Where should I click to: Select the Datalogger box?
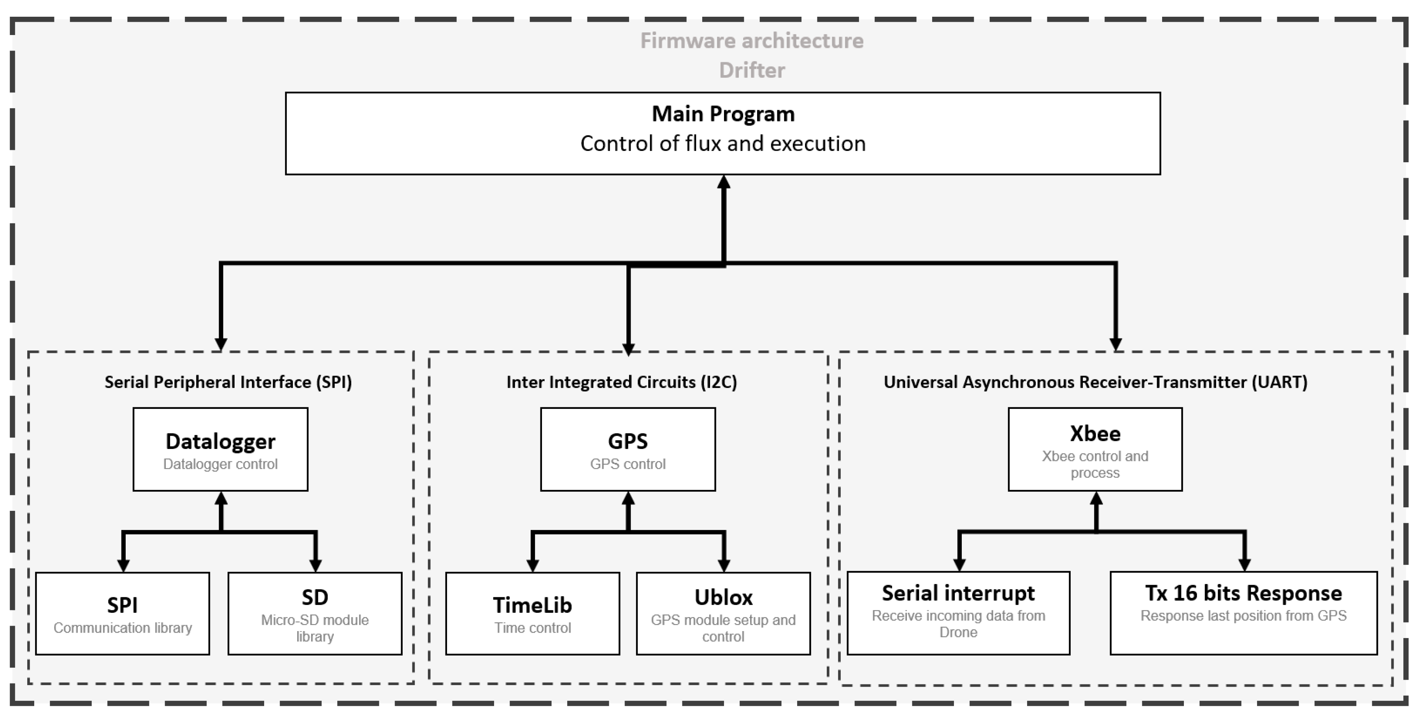(x=220, y=449)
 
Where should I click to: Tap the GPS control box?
(x=628, y=449)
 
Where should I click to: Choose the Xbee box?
(x=1095, y=449)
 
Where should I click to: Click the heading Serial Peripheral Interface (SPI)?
(x=228, y=382)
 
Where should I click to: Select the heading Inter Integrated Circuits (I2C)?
(x=622, y=382)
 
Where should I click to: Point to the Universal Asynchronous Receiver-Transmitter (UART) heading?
(x=1095, y=382)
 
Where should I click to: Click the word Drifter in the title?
(x=751, y=70)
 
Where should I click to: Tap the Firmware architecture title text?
(x=751, y=41)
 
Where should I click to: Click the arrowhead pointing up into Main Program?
(x=723, y=182)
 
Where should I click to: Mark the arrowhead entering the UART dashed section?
(x=1116, y=344)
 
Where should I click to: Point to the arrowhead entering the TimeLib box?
(x=532, y=565)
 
